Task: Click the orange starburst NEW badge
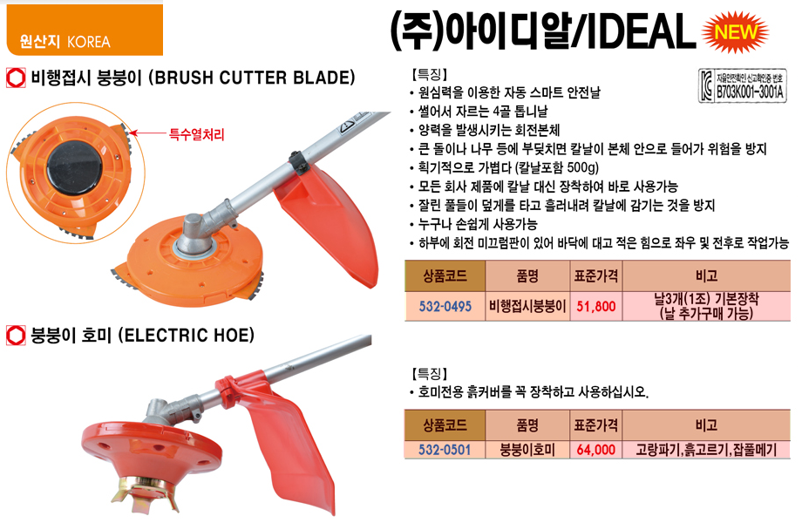tap(735, 31)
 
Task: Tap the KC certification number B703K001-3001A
tap(750, 92)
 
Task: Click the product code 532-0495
tap(445, 306)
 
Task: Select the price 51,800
tap(596, 306)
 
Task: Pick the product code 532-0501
tap(445, 450)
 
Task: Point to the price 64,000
tap(596, 450)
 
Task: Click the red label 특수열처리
tap(197, 135)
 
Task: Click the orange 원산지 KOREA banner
tap(85, 30)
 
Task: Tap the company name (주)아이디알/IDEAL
tap(542, 31)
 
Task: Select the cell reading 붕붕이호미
tap(527, 450)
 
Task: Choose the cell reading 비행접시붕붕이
tap(527, 306)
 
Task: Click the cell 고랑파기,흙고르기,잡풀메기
tap(706, 450)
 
